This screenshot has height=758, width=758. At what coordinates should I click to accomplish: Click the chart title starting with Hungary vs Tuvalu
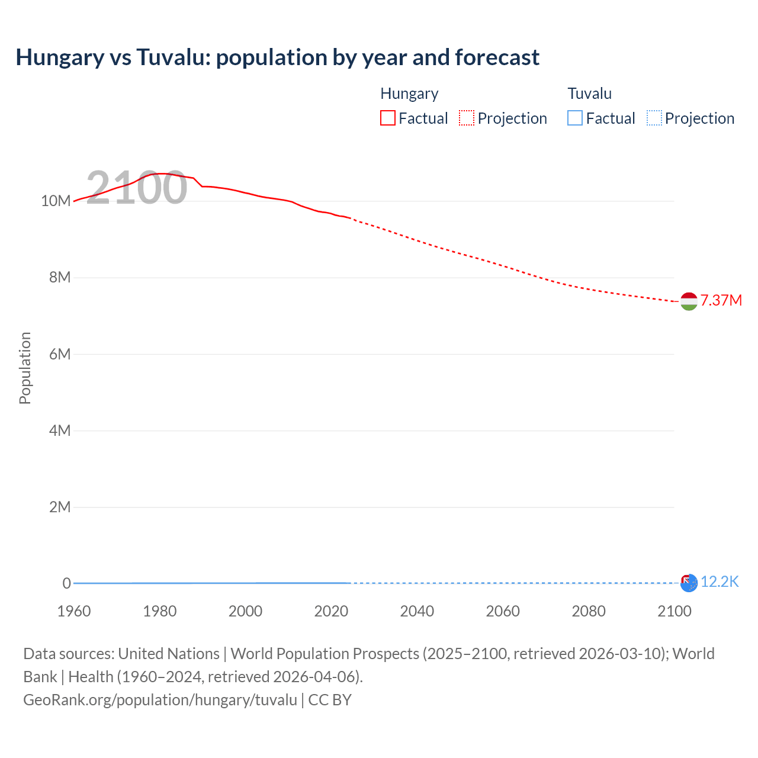click(277, 57)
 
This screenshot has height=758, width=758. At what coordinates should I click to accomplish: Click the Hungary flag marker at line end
click(689, 301)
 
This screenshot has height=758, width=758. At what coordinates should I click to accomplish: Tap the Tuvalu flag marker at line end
click(689, 583)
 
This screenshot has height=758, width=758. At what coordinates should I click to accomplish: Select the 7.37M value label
click(721, 300)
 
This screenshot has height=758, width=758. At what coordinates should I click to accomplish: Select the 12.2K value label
click(720, 582)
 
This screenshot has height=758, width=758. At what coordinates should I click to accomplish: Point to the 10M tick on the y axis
click(56, 201)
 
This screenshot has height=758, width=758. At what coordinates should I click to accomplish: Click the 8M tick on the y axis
click(60, 277)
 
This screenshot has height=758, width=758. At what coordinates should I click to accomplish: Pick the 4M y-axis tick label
click(60, 431)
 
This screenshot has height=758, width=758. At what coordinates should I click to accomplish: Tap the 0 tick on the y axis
click(66, 583)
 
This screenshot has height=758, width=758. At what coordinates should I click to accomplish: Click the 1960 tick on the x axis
click(74, 611)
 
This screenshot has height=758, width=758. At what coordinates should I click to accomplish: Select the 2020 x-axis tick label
click(331, 611)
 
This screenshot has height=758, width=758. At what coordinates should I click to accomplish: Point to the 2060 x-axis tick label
click(503, 611)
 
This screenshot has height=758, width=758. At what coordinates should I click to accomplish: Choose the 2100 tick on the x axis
click(674, 611)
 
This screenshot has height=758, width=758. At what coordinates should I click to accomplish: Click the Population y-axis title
click(25, 368)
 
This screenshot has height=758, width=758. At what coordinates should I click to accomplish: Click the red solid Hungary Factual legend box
click(388, 118)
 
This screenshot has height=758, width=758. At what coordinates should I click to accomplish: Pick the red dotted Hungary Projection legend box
click(467, 118)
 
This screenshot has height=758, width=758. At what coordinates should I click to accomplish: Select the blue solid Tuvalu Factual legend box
click(575, 118)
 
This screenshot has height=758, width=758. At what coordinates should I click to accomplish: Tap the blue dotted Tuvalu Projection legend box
click(654, 118)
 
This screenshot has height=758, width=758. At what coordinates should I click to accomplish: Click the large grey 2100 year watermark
click(137, 188)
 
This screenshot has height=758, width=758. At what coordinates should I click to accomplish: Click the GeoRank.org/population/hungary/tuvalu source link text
click(160, 700)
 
